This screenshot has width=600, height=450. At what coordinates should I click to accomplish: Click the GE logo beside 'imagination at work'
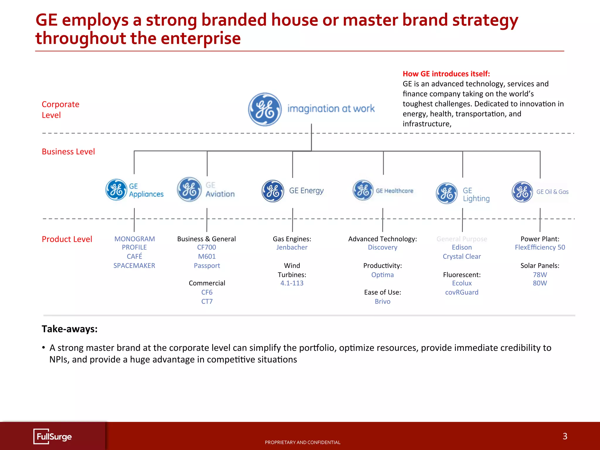click(x=265, y=110)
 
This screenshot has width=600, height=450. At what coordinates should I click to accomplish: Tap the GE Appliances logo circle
click(x=116, y=190)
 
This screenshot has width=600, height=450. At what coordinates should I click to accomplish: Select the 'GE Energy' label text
click(x=306, y=191)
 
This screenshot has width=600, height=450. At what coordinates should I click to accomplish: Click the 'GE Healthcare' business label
click(x=394, y=191)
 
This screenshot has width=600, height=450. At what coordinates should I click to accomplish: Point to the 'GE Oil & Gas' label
click(x=552, y=192)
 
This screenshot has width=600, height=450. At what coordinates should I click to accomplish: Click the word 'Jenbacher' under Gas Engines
click(x=292, y=248)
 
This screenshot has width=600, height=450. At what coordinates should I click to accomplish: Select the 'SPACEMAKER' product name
click(x=134, y=266)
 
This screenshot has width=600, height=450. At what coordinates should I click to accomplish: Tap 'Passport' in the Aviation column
click(x=207, y=266)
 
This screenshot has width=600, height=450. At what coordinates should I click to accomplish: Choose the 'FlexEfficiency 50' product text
click(x=540, y=248)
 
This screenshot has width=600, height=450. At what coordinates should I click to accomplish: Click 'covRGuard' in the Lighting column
click(x=462, y=292)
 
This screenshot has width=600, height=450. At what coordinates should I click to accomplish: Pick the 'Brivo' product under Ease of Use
click(x=382, y=301)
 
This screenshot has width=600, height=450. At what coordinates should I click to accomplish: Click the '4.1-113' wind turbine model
click(x=292, y=283)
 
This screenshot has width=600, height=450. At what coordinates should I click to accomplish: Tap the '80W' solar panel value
click(x=540, y=283)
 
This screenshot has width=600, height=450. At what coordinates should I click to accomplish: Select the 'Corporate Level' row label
click(x=60, y=110)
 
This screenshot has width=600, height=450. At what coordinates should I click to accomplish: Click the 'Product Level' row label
click(x=67, y=239)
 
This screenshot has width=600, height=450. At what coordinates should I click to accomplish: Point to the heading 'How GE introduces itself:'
click(x=446, y=74)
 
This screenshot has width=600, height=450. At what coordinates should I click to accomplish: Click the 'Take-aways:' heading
click(x=69, y=329)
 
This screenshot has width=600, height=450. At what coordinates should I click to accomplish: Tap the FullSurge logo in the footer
click(x=53, y=437)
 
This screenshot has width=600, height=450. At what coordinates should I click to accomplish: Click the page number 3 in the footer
click(x=565, y=436)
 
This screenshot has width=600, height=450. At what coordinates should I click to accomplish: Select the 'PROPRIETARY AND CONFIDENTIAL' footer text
click(x=302, y=442)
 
